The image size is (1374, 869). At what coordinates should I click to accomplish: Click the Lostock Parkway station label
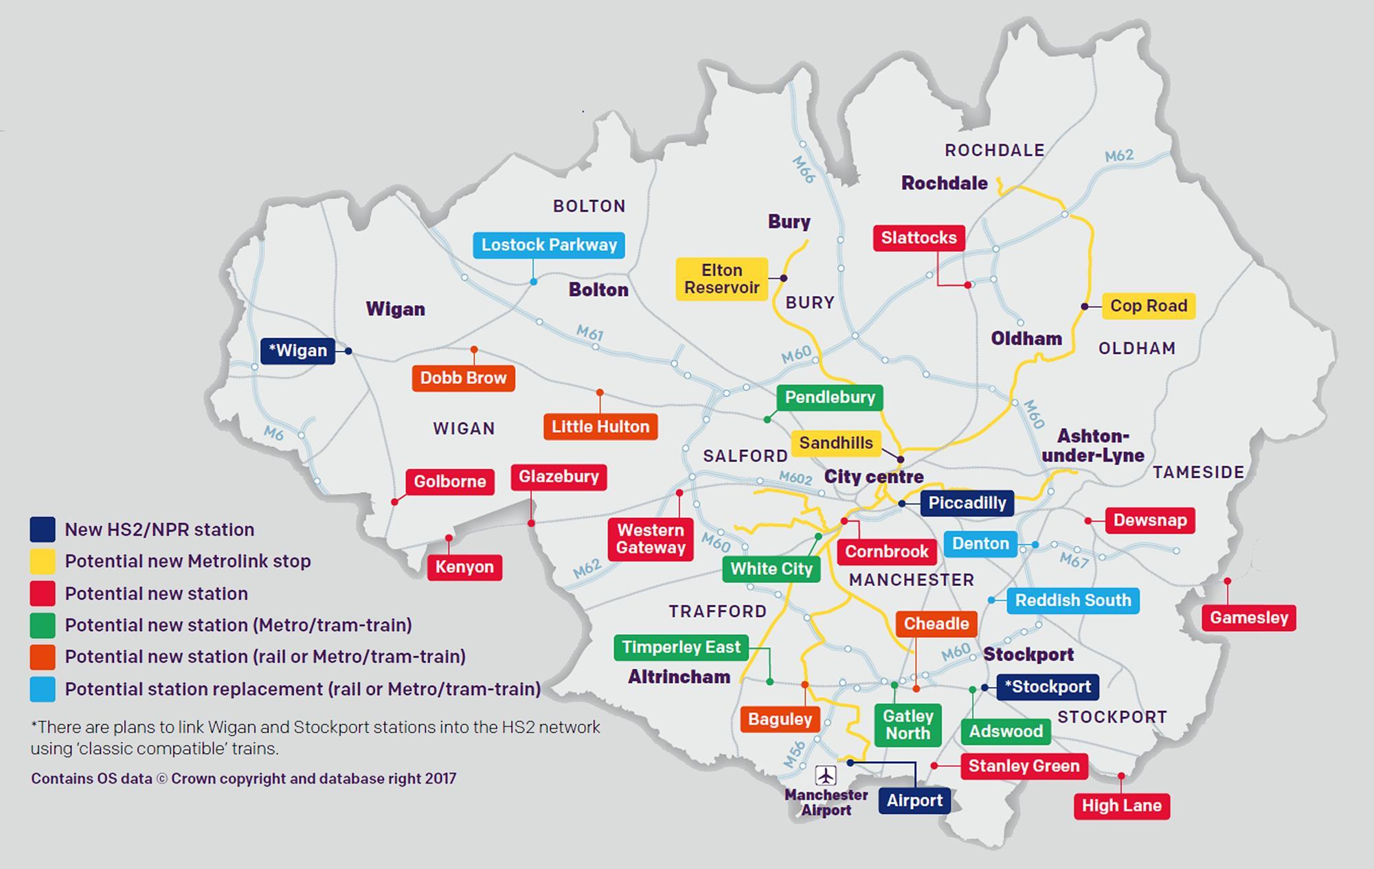pyautogui.click(x=548, y=245)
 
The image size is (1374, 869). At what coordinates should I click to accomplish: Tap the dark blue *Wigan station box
pyautogui.click(x=297, y=351)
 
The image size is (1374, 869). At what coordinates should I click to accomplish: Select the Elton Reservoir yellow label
pyautogui.click(x=721, y=279)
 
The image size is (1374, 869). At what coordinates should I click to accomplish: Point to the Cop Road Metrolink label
pyautogui.click(x=1149, y=306)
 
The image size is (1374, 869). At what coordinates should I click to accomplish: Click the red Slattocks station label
pyautogui.click(x=919, y=238)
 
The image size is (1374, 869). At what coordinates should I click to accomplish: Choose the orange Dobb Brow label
pyautogui.click(x=463, y=378)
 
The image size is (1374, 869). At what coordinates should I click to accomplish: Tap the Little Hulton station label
pyautogui.click(x=600, y=427)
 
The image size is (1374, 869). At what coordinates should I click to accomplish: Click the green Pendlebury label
pyautogui.click(x=829, y=397)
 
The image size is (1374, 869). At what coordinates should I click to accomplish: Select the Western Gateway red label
pyautogui.click(x=651, y=539)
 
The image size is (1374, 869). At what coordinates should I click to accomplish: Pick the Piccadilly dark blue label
pyautogui.click(x=967, y=503)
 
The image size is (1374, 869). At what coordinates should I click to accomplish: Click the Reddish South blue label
pyautogui.click(x=1072, y=600)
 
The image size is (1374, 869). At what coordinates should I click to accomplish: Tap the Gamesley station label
pyautogui.click(x=1248, y=618)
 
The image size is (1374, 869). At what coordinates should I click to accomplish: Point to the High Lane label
pyautogui.click(x=1121, y=806)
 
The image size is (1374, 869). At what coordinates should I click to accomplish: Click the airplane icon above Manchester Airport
pyautogui.click(x=826, y=776)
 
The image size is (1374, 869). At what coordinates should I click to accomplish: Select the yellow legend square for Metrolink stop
pyautogui.click(x=43, y=561)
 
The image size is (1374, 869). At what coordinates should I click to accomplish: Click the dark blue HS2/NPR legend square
pyautogui.click(x=43, y=530)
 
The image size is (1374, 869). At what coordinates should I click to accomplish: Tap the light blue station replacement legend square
pyautogui.click(x=43, y=689)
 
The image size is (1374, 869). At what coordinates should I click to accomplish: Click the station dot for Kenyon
pyautogui.click(x=449, y=538)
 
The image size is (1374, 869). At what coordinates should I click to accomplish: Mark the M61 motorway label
pyautogui.click(x=589, y=334)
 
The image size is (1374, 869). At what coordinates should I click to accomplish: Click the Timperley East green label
pyautogui.click(x=680, y=647)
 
